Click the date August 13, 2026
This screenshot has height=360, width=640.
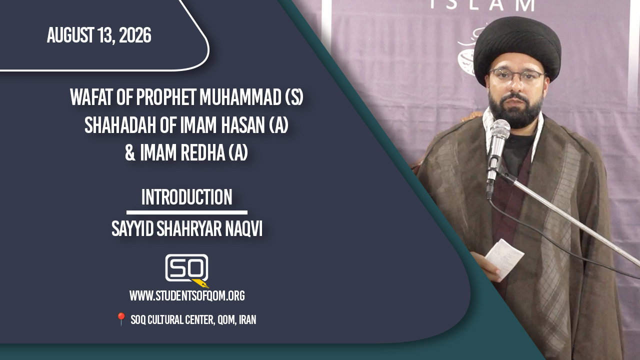pyautogui.click(x=99, y=35)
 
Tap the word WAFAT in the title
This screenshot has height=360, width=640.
pyautogui.click(x=91, y=97)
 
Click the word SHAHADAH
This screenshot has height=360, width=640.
pyautogui.click(x=120, y=125)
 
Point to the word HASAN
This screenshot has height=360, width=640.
pyautogui.click(x=243, y=125)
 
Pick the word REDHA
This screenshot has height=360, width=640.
pyautogui.click(x=203, y=153)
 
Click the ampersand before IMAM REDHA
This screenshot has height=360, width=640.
pyautogui.click(x=130, y=153)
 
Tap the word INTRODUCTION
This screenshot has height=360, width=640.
pyautogui.click(x=187, y=197)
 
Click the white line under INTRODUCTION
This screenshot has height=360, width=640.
pyautogui.click(x=187, y=212)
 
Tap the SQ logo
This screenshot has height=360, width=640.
pyautogui.click(x=187, y=268)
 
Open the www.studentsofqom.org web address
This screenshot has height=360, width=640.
pyautogui.click(x=187, y=295)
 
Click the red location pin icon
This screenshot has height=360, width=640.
pyautogui.click(x=121, y=319)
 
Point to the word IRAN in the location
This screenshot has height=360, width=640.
pyautogui.click(x=247, y=319)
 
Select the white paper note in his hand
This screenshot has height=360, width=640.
pyautogui.click(x=504, y=257)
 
